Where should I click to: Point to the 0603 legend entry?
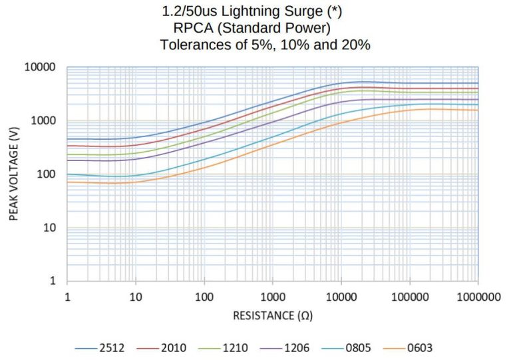(421, 347)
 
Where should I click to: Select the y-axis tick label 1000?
(44, 121)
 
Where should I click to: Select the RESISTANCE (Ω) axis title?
(272, 315)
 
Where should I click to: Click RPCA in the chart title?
(192, 29)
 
